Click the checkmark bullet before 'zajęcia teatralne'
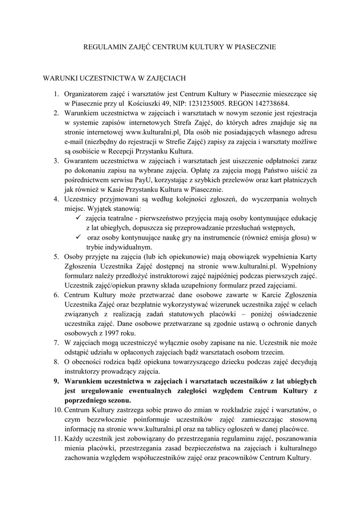pos(77,218)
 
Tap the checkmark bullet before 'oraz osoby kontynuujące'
pos(77,237)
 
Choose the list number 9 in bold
pos(56,381)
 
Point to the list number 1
pos(57,93)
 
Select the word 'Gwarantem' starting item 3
pos(81,161)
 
